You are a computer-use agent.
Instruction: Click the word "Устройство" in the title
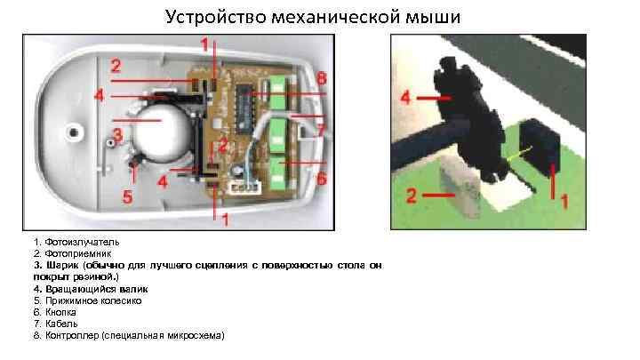point(215,18)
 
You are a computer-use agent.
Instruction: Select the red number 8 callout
point(322,78)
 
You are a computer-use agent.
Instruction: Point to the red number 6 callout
point(322,178)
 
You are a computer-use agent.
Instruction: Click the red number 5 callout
point(128,196)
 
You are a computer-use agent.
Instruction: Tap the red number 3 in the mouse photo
point(118,135)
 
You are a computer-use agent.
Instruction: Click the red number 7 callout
point(322,131)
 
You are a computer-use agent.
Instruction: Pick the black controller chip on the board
point(244,108)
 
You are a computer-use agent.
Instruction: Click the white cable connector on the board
point(245,188)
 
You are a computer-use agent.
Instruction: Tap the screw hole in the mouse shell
point(74,132)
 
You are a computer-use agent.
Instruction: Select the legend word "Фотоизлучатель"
point(82,242)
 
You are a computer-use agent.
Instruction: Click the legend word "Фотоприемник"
point(78,254)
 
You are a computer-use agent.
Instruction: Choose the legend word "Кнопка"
point(60,312)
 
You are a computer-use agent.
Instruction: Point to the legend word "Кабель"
point(61,324)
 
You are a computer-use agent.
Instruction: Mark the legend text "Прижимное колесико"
point(93,300)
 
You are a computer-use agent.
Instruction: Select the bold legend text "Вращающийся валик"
point(97,289)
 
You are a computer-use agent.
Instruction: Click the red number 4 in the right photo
point(405,98)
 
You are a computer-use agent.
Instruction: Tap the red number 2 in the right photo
point(412,196)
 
